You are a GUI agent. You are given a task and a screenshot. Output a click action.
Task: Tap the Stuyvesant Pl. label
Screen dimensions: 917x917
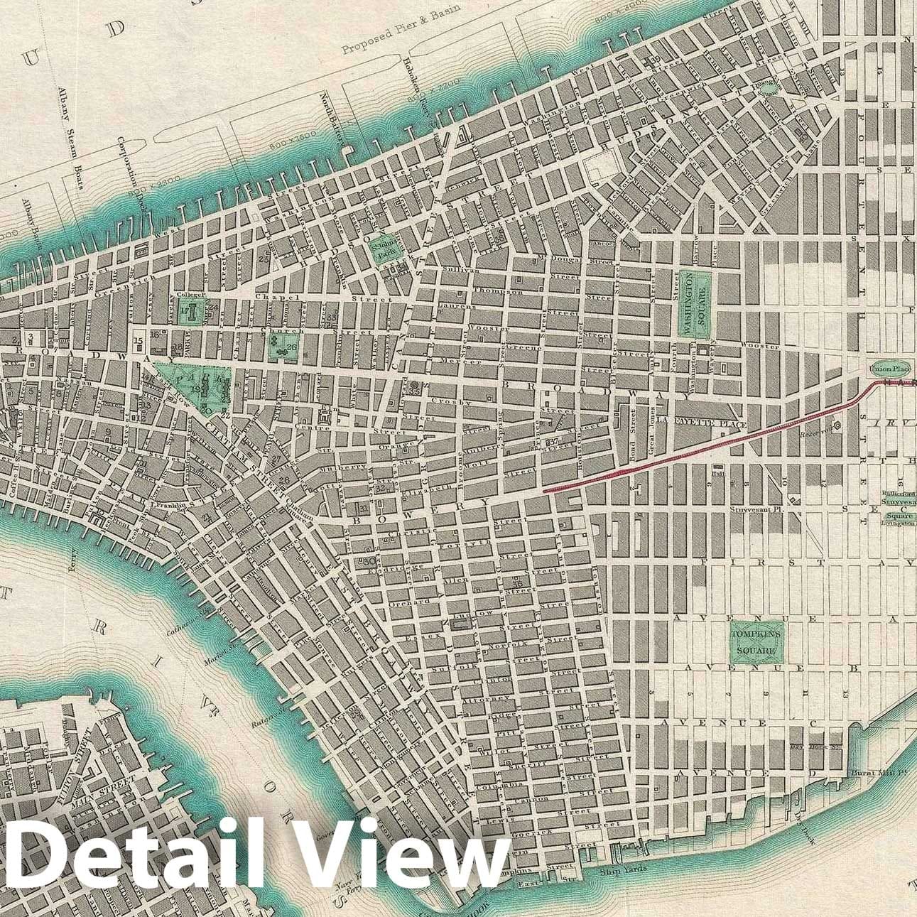pos(756,509)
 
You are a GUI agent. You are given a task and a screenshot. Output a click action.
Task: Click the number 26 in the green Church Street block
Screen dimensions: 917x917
pos(291,347)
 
